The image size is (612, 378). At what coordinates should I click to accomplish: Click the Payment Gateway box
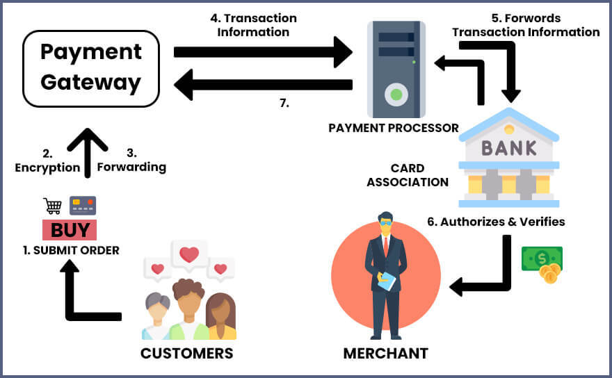(x=90, y=68)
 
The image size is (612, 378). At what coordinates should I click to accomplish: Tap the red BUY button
(x=70, y=230)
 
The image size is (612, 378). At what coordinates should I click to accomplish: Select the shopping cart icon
(x=53, y=206)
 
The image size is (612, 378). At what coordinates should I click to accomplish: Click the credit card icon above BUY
(x=83, y=206)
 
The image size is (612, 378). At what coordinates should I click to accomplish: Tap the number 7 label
(x=283, y=104)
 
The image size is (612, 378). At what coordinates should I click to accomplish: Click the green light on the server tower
(x=396, y=94)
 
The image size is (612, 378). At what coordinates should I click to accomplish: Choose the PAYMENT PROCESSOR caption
(x=394, y=128)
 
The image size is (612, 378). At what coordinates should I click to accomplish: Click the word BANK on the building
(x=510, y=147)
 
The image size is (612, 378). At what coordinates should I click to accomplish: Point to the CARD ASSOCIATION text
(x=408, y=176)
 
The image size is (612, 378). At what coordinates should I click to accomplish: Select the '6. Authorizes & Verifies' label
(x=496, y=222)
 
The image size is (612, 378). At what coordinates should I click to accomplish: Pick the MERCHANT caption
(x=385, y=354)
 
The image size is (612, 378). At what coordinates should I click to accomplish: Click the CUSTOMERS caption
(x=186, y=353)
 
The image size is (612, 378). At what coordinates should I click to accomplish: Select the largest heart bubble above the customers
(x=189, y=256)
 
